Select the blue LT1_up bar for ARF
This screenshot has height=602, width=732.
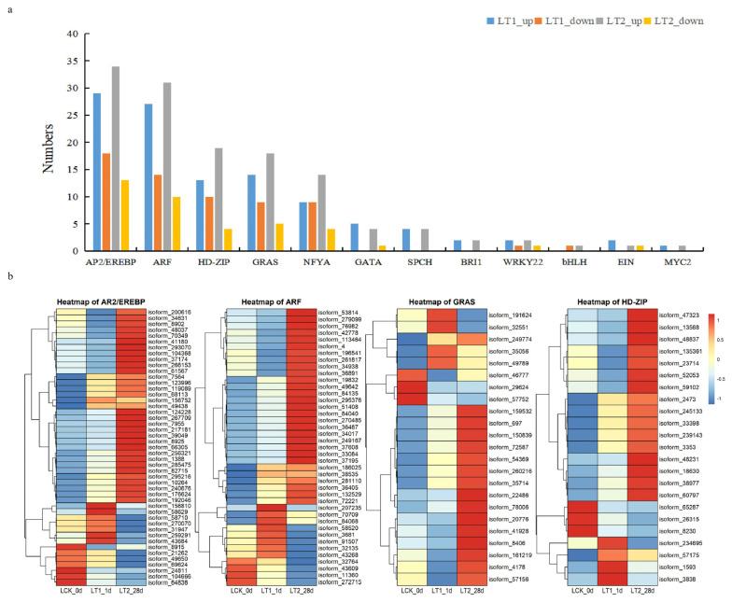(148, 177)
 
